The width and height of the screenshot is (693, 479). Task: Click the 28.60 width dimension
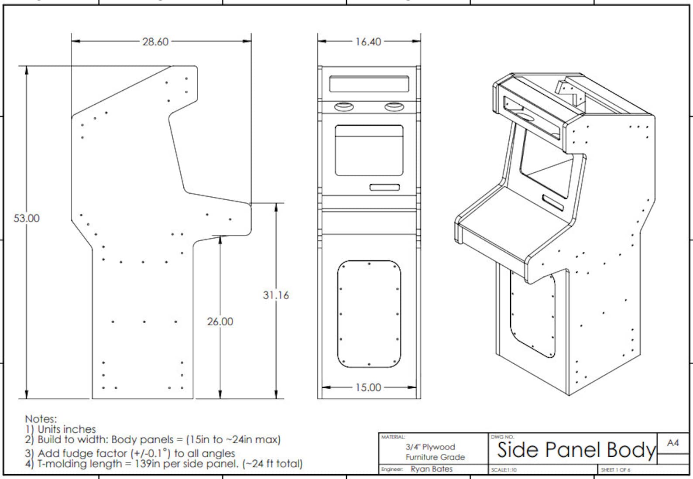[155, 42]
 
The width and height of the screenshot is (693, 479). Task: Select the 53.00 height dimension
[26, 218]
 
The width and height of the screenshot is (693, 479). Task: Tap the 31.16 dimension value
[275, 295]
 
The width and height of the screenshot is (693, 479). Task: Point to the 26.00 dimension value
[220, 322]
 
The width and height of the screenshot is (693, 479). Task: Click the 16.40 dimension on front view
[368, 42]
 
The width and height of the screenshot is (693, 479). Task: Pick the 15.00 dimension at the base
[368, 387]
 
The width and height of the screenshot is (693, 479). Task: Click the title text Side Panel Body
[576, 450]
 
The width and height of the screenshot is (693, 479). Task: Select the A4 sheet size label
[672, 443]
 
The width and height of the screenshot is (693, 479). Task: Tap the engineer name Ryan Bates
[431, 469]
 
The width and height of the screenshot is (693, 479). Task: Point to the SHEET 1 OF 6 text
[615, 470]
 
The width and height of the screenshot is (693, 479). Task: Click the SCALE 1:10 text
[504, 470]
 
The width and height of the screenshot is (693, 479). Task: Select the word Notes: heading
[41, 419]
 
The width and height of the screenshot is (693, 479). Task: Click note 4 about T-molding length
[164, 463]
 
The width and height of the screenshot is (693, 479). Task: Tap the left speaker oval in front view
[344, 107]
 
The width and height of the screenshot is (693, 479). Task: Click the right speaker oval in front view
[394, 107]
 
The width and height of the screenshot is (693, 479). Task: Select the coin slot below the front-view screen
[384, 188]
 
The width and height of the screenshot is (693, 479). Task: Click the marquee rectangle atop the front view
[369, 84]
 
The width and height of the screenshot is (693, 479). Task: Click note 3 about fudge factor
[130, 453]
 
